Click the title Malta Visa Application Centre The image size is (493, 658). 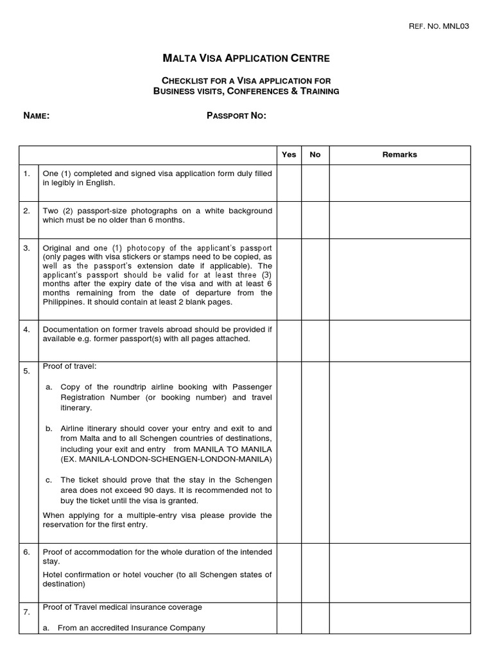pyautogui.click(x=246, y=58)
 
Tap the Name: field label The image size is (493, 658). pyautogui.click(x=36, y=116)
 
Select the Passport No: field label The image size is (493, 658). pyautogui.click(x=236, y=116)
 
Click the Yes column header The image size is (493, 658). pyautogui.click(x=289, y=154)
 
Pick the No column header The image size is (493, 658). pyautogui.click(x=315, y=154)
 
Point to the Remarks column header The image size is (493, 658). pyautogui.click(x=399, y=154)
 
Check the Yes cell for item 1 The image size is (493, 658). pyautogui.click(x=289, y=182)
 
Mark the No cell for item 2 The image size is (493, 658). pyautogui.click(x=315, y=219)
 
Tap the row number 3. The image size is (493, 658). pyautogui.click(x=26, y=248)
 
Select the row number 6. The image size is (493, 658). pyautogui.click(x=26, y=552)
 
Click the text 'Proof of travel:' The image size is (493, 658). pyautogui.click(x=69, y=366)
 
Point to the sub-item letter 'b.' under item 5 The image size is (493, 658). pyautogui.click(x=49, y=428)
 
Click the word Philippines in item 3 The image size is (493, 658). pyautogui.click(x=63, y=302)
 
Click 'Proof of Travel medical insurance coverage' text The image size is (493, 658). pyautogui.click(x=122, y=607)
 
